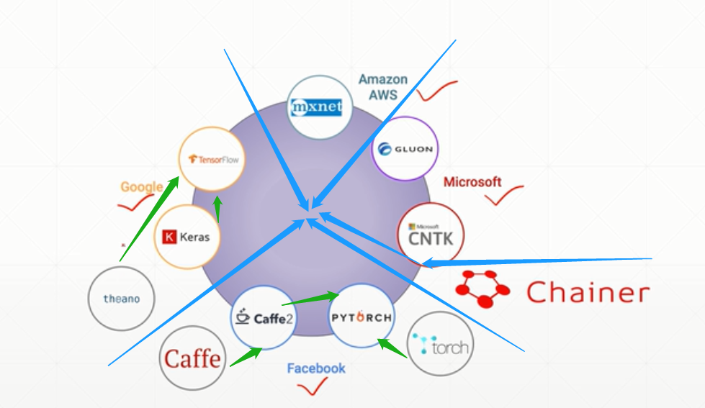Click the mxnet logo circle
pyautogui.click(x=320, y=107)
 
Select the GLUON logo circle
pyautogui.click(x=405, y=149)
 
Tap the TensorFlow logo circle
pyautogui.click(x=212, y=159)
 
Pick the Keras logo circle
pyautogui.click(x=187, y=236)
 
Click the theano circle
pyautogui.click(x=121, y=298)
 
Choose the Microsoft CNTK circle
pyautogui.click(x=431, y=235)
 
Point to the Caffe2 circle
pyautogui.click(x=263, y=317)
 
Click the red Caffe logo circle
pyautogui.click(x=192, y=358)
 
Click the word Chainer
pyautogui.click(x=587, y=292)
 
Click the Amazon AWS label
pyautogui.click(x=383, y=86)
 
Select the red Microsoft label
pyautogui.click(x=472, y=182)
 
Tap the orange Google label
pyautogui.click(x=141, y=187)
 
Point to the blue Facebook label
pyautogui.click(x=316, y=368)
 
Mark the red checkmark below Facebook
pyautogui.click(x=312, y=388)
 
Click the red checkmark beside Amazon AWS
pyautogui.click(x=436, y=91)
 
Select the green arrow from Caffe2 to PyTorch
pyautogui.click(x=310, y=299)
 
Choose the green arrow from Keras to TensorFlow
pyautogui.click(x=217, y=209)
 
